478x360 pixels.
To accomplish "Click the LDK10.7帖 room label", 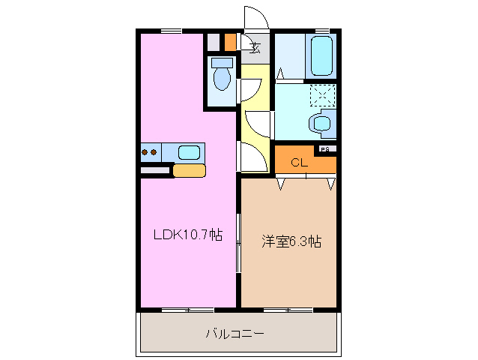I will pos(187,235).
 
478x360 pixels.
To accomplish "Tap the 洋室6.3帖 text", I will pos(291,241).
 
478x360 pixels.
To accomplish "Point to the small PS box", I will pos(324,149).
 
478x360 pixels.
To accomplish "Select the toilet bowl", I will pos(222,76).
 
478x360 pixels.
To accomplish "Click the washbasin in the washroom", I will pos(324,124).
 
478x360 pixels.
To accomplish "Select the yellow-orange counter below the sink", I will pos(189,170).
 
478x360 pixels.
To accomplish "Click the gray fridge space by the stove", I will pos(155,170).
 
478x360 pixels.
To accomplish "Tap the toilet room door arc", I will pos(249,90).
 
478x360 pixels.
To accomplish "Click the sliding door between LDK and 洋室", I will pos(239,242).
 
